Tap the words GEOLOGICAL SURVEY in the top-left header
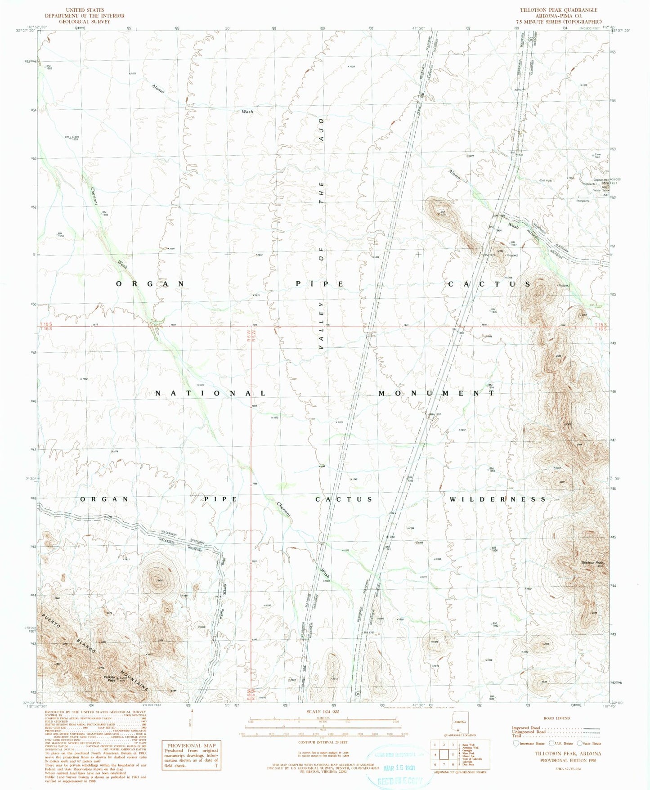coord(85,22)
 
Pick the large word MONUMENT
coord(436,393)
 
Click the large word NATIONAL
coord(211,393)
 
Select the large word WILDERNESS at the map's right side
coord(497,499)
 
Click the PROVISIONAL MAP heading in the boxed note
coord(191,745)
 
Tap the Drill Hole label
coord(545,181)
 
